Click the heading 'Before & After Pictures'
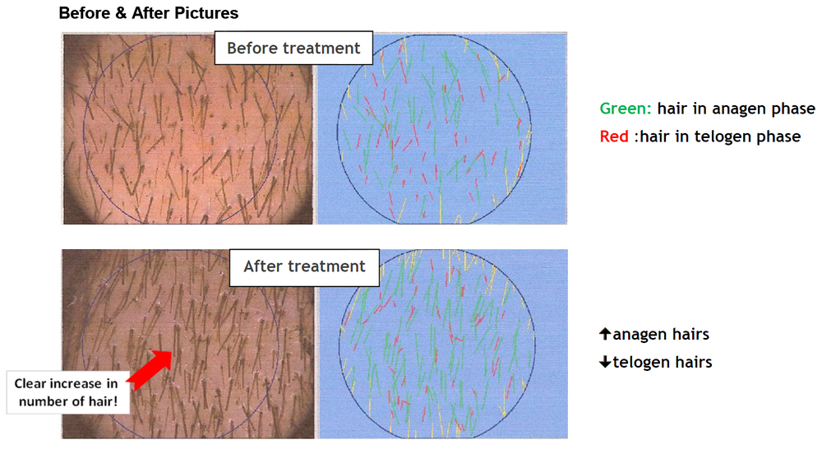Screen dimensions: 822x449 [x=148, y=12]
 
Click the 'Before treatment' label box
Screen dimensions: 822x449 [x=293, y=48]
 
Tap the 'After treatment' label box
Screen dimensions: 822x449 [x=304, y=267]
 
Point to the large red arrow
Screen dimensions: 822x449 [x=150, y=370]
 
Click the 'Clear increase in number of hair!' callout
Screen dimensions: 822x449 [x=67, y=392]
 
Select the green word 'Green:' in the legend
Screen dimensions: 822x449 [x=626, y=109]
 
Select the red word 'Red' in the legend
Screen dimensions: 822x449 [x=614, y=137]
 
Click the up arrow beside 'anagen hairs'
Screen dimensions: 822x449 [x=605, y=334]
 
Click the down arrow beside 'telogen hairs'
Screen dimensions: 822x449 [x=605, y=362]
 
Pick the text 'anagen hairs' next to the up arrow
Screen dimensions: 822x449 [x=661, y=335]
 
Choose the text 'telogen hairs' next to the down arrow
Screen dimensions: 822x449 [x=662, y=363]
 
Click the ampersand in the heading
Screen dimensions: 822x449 [x=121, y=12]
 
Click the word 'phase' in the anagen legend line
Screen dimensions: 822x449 [x=794, y=109]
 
